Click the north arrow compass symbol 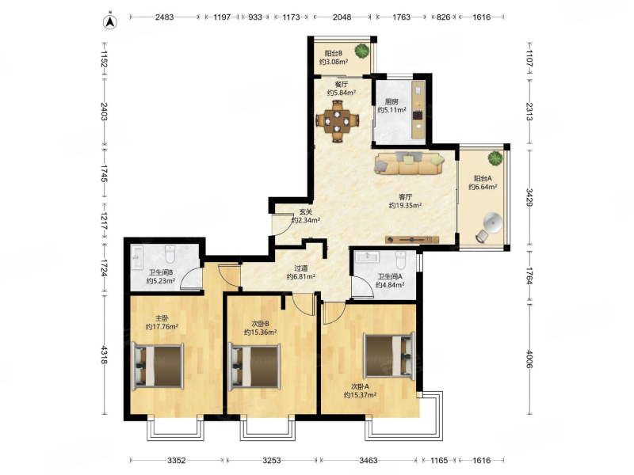pos(110,22)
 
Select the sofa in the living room pos(409,163)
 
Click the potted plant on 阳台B pos(362,51)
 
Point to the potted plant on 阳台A pos(495,158)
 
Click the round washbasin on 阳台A pos(493,223)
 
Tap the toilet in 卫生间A pos(400,260)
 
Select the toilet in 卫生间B pos(170,254)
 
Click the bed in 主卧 pos(158,366)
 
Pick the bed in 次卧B pos(254,367)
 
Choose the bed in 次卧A pos(389,356)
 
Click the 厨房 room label pos(391,101)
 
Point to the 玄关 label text pos(306,211)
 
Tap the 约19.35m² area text pos(405,206)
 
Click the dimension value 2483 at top pos(164,17)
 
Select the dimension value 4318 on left pos(104,355)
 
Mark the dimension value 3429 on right pos(529,196)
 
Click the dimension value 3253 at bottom pos(271,460)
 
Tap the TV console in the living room pos(412,240)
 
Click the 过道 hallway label pos(301,268)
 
